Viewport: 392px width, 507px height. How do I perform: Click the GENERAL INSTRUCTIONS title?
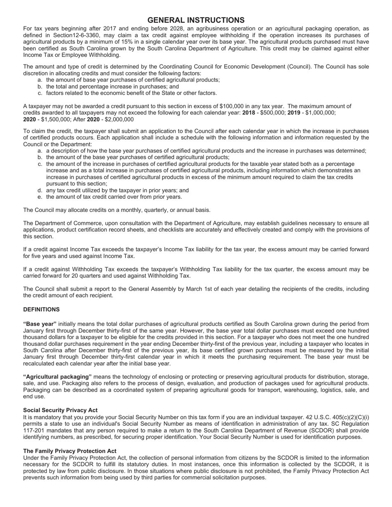click(x=196, y=20)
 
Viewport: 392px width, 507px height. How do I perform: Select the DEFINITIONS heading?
click(x=41, y=310)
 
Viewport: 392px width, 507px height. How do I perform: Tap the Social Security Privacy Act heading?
click(x=60, y=410)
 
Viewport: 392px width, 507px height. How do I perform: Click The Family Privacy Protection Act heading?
click(x=69, y=451)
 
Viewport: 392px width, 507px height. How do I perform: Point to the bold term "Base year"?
click(x=40, y=324)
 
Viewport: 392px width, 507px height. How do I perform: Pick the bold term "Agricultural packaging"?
click(x=57, y=377)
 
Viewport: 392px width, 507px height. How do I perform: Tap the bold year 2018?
click(x=248, y=113)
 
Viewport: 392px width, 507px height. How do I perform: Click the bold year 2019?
click(x=293, y=113)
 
